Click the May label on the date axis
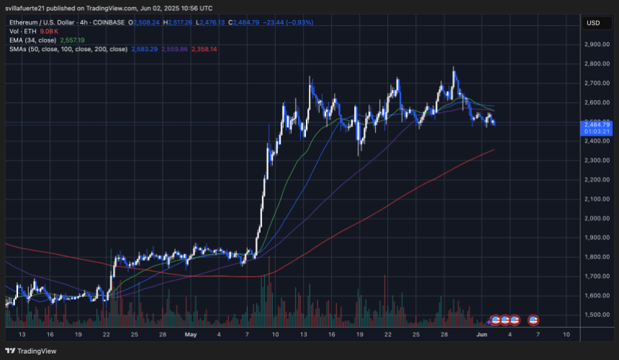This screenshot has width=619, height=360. [x=189, y=336]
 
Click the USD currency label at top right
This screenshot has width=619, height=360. [x=593, y=22]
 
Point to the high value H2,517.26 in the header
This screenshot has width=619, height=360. [x=179, y=22]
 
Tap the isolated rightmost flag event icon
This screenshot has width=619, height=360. [x=534, y=319]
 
